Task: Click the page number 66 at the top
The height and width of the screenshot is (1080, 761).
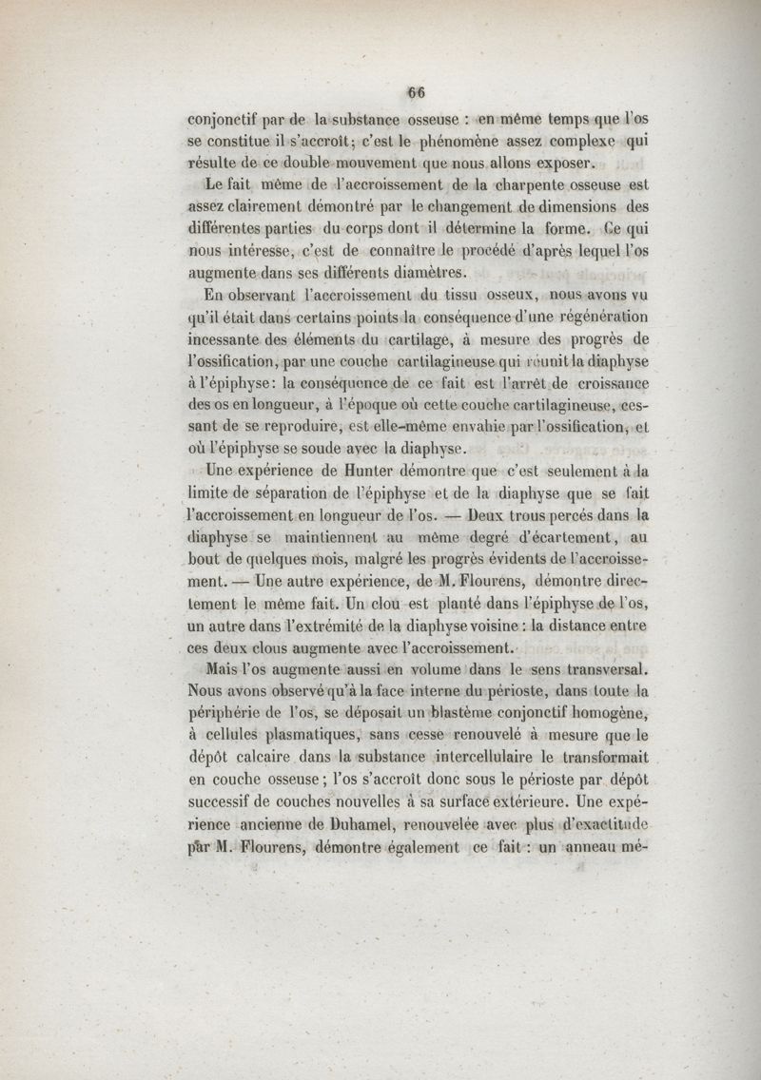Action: (x=415, y=92)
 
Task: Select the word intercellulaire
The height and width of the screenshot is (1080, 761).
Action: (x=498, y=758)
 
